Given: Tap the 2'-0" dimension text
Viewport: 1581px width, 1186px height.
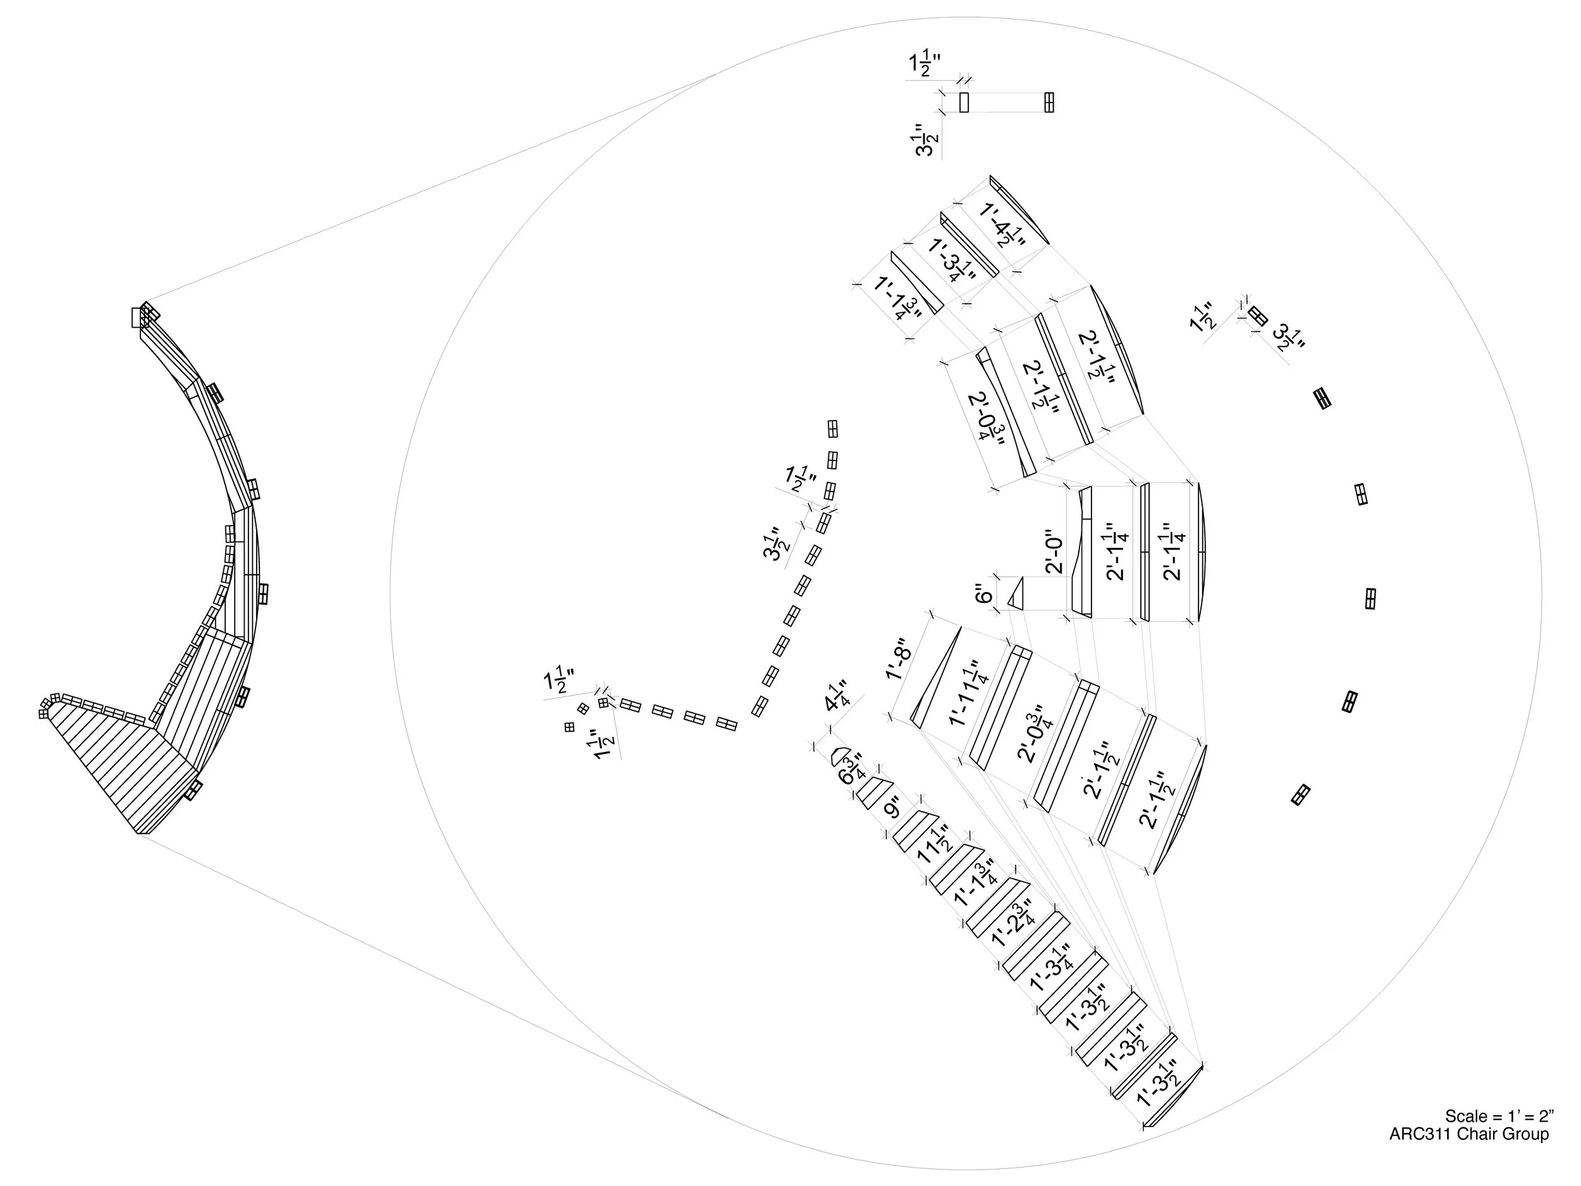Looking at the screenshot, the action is pyautogui.click(x=1054, y=551).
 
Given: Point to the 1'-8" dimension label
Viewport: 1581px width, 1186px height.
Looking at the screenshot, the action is pyautogui.click(x=899, y=658).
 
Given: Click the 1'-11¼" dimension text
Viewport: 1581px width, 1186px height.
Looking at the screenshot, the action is pyautogui.click(x=966, y=693).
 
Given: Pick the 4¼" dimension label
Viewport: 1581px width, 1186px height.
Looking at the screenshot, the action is pyautogui.click(x=835, y=696).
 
